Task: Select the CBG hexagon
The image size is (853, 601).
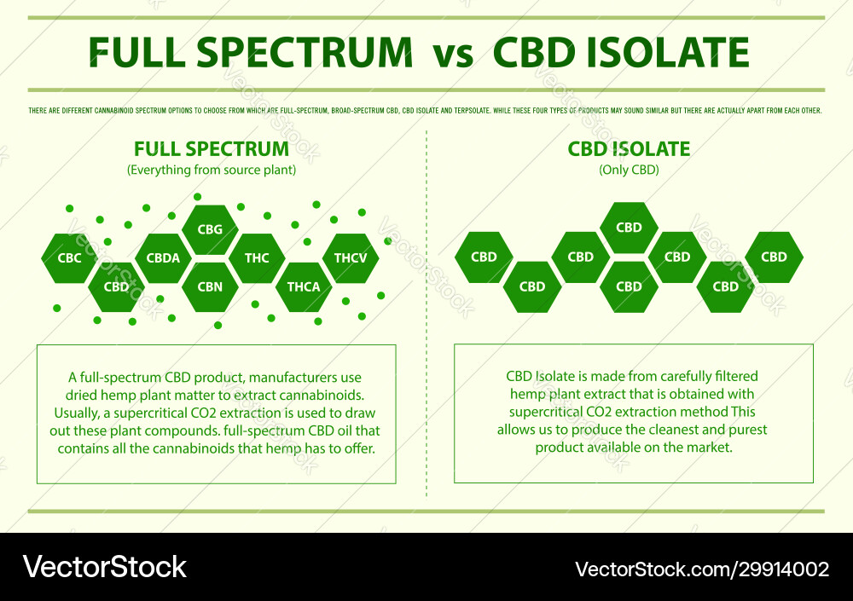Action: coord(210,229)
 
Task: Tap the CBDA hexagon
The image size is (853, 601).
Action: coord(163,257)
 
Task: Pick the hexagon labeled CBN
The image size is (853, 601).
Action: coord(210,286)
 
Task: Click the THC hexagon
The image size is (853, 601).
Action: coord(257,257)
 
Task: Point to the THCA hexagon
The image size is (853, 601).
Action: coord(304,286)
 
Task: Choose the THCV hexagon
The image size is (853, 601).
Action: coord(351,257)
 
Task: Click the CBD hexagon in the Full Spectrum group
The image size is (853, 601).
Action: coord(116,286)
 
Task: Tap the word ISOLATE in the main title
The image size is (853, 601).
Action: coord(665,53)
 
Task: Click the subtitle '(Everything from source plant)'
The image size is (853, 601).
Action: coord(212,170)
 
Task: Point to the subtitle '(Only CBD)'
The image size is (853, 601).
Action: coord(629,170)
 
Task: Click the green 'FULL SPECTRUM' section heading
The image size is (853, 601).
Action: coord(211,149)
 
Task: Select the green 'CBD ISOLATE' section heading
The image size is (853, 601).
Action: coord(629,149)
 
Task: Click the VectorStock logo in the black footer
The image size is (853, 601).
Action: coord(105,568)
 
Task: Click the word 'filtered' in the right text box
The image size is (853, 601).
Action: coord(732,376)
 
